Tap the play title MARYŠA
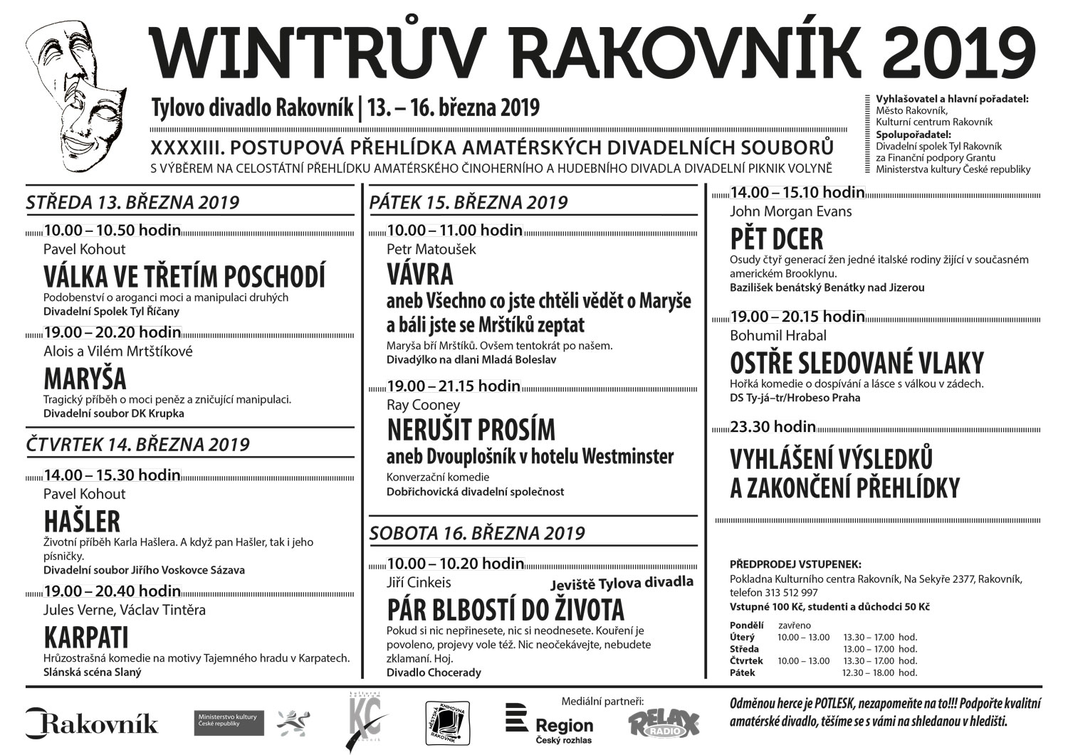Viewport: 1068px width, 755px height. (85, 378)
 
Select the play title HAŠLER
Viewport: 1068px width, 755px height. (82, 522)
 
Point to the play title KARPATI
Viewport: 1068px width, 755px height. (86, 638)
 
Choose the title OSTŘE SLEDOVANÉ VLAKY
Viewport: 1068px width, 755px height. (857, 363)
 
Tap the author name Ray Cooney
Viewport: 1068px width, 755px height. (423, 405)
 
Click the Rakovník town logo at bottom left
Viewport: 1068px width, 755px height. (92, 723)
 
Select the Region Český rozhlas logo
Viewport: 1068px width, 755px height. (549, 724)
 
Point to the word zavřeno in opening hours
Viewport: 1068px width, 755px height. (794, 625)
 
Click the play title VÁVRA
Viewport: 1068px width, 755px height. (420, 275)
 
